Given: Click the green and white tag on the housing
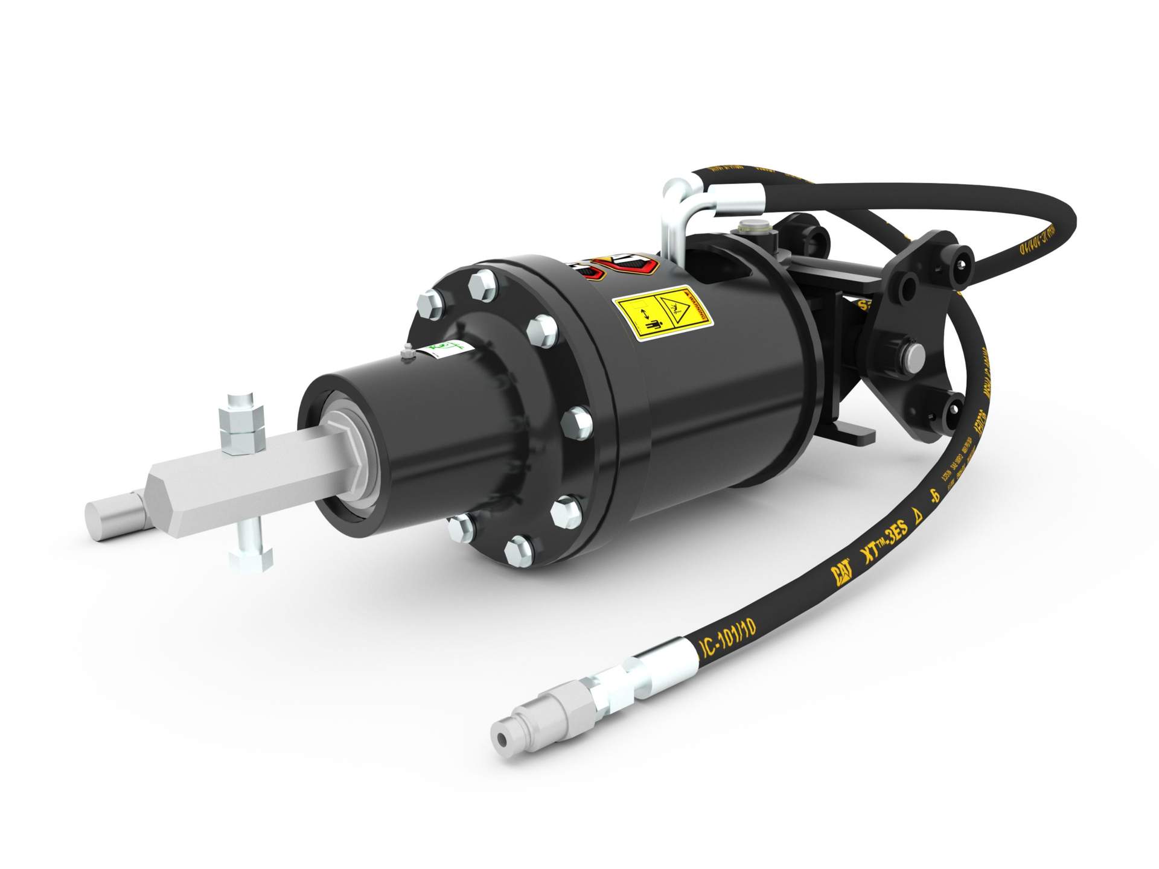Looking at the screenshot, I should click(444, 348).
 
